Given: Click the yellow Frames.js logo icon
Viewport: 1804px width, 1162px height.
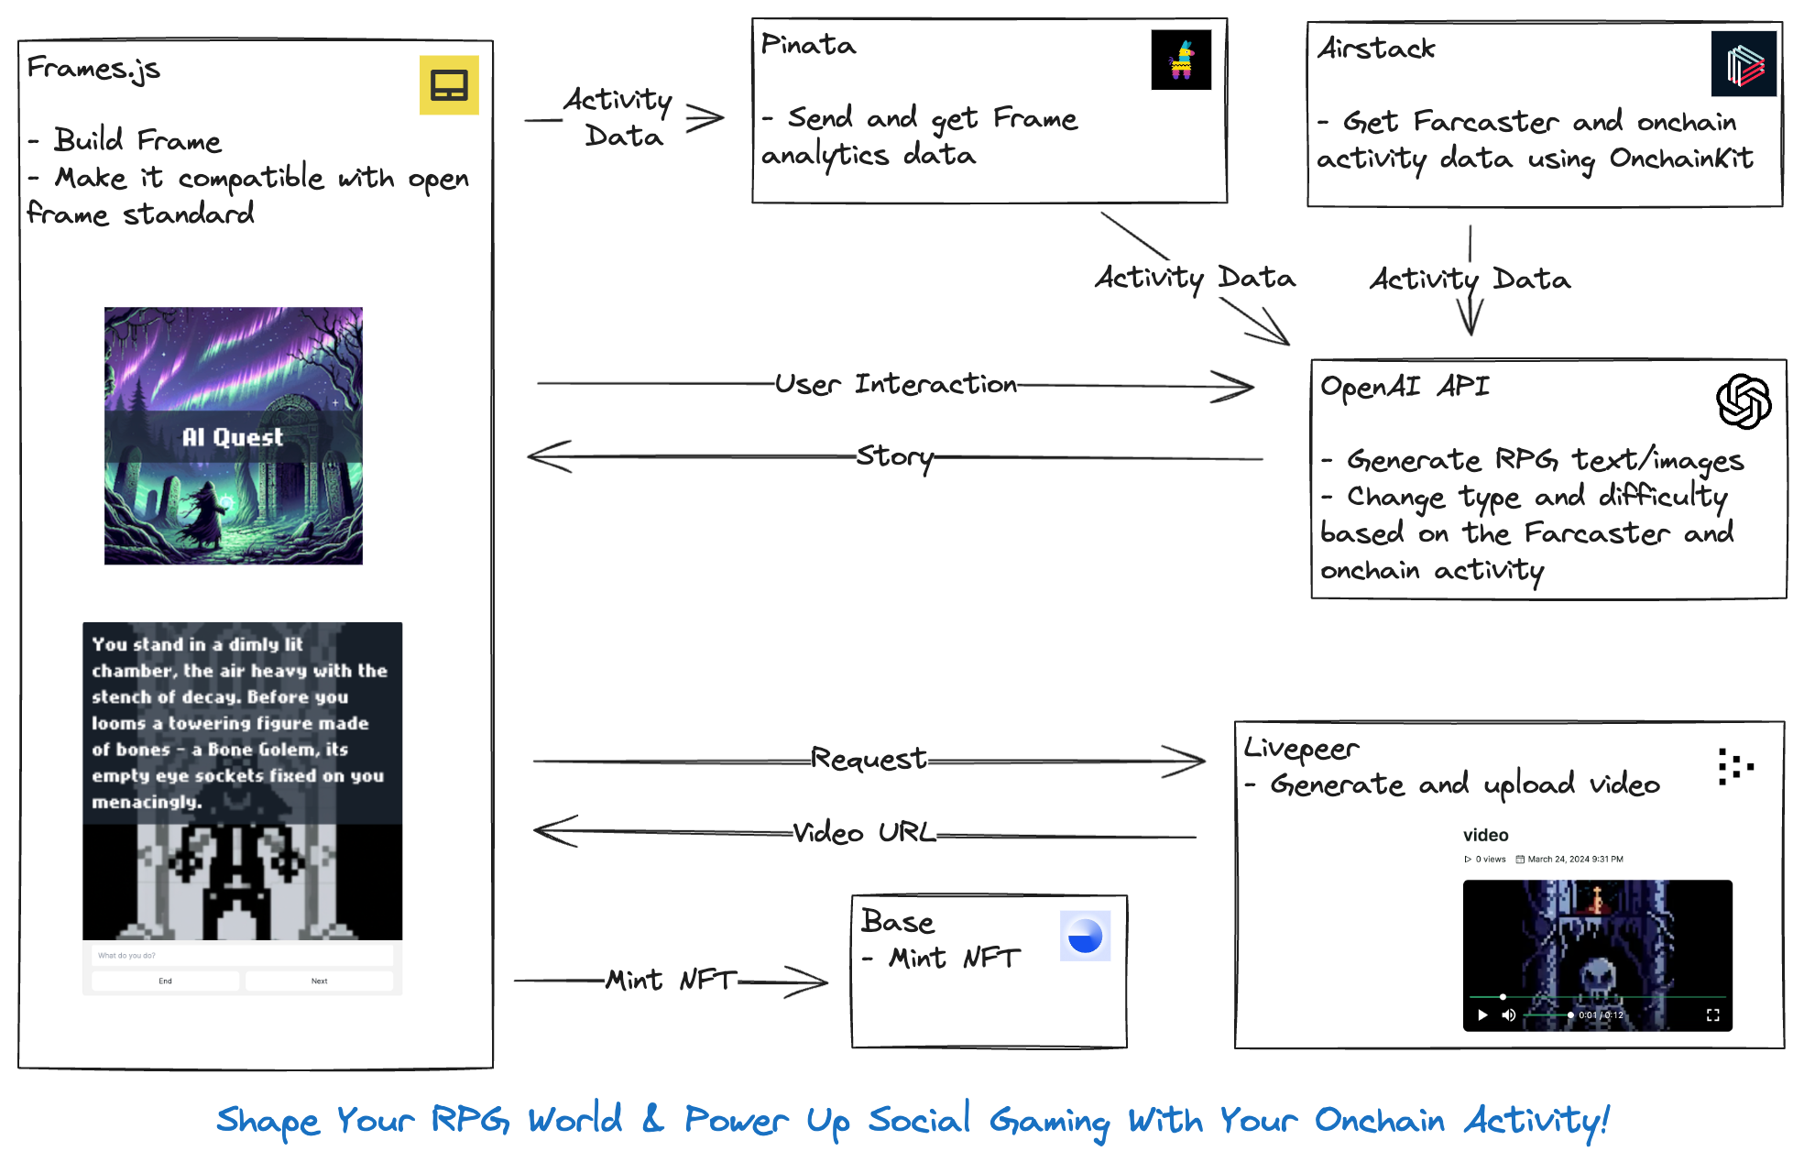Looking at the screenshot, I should coord(449,85).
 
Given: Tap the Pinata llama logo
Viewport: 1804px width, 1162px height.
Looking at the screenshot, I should coord(1181,60).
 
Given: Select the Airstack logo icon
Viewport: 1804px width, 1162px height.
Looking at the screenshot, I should coord(1744,64).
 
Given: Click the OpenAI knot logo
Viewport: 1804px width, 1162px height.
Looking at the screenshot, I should coord(1744,401).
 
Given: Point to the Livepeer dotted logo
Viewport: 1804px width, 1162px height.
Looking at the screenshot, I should coord(1734,766).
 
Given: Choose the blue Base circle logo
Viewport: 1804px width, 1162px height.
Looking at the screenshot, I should coord(1085,936).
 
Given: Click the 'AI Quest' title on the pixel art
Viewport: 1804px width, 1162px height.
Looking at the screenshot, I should coord(233,437).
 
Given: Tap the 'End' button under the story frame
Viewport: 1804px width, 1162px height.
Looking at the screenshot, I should coord(165,981).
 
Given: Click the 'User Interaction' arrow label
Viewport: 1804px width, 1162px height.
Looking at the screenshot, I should coord(895,384).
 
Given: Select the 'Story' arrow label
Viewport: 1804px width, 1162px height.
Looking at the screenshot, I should coord(894,455).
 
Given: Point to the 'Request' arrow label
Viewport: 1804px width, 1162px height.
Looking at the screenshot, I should coord(869,759).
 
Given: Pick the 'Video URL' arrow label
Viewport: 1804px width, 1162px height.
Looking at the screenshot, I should coord(864,832).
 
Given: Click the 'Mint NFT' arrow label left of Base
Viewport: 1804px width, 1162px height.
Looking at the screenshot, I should coord(672,980).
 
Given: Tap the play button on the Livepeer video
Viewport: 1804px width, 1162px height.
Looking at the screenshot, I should coord(1482,1014).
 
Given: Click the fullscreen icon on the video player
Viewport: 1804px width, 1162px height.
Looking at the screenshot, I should coord(1712,1014).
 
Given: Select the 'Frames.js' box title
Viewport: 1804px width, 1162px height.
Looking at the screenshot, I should coord(93,68).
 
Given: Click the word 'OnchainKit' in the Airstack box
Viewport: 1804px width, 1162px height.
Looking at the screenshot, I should coord(1681,159).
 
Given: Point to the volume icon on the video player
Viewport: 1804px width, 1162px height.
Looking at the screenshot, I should coord(1508,1014).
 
